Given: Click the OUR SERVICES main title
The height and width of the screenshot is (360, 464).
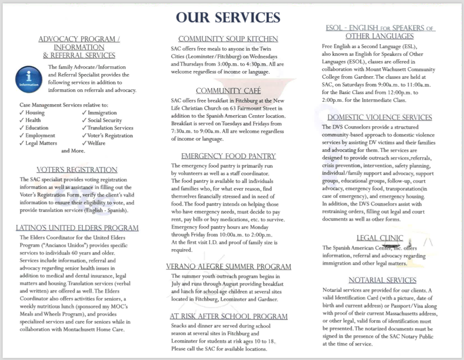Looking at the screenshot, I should pos(228,17).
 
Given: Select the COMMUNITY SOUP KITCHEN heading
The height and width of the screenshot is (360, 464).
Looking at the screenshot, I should pos(228,39).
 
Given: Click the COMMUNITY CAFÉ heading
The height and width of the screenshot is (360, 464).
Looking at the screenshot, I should pos(228,91).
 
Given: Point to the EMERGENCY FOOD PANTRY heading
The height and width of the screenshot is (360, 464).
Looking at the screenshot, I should pos(228,156).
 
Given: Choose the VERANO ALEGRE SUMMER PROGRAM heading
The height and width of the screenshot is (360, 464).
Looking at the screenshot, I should pos(228,267).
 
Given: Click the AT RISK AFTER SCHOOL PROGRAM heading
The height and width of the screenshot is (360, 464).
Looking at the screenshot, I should pos(228,317).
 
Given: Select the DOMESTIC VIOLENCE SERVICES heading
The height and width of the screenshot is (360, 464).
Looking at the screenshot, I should pos(379,117).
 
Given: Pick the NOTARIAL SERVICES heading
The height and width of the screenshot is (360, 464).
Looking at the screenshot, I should pos(382,280).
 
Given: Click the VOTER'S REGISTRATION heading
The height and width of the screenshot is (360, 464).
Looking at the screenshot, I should pos(77,170).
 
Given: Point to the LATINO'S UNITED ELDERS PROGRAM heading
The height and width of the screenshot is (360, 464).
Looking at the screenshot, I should pos(77,228).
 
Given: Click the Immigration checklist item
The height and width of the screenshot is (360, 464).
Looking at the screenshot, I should pos(102,113).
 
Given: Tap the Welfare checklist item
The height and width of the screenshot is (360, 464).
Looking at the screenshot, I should pos(96,143).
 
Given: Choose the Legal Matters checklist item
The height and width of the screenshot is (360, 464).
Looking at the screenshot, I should pos(41,143).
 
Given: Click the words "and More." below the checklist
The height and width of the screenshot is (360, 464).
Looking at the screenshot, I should pos(73,151).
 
